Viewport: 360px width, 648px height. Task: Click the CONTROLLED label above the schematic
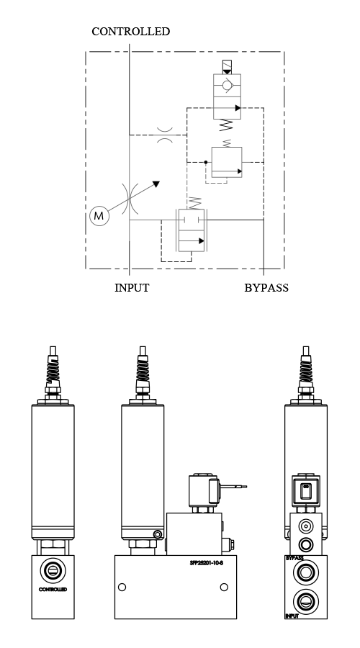tap(130, 32)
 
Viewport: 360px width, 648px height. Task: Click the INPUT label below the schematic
tap(132, 288)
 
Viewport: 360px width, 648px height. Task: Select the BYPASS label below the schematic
tap(266, 288)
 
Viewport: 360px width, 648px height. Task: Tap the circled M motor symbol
tap(99, 215)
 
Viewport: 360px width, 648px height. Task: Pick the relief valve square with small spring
tap(226, 162)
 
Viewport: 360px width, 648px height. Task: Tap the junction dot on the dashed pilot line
tap(205, 163)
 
